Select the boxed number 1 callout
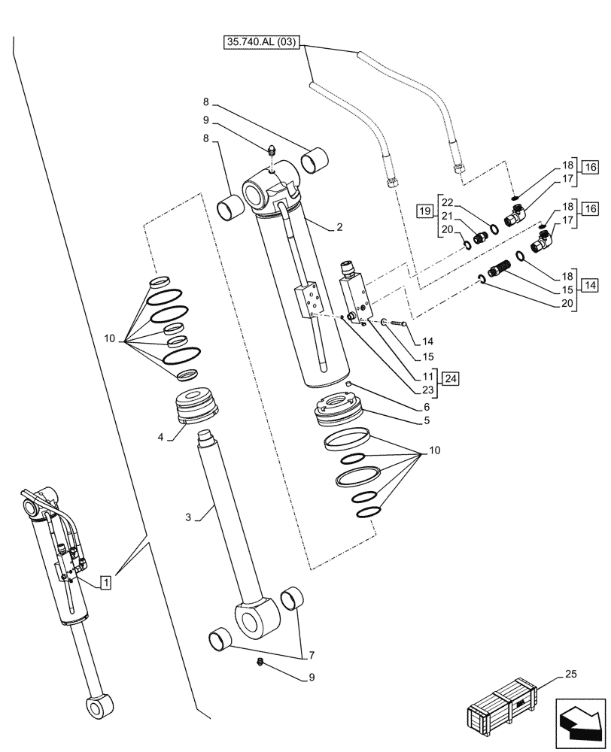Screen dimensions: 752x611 (x=107, y=581)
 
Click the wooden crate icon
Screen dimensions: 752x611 (x=503, y=709)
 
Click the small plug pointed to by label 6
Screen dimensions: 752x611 (x=348, y=385)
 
